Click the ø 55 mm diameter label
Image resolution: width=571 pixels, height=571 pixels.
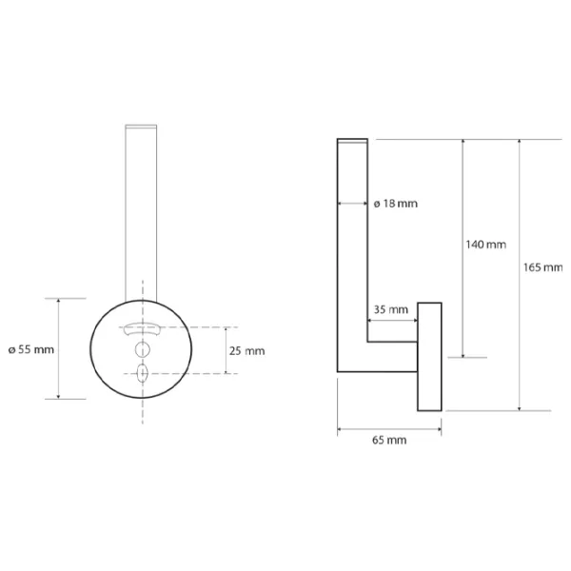pyautogui.click(x=31, y=349)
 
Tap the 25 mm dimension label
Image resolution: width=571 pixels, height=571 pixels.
pyautogui.click(x=246, y=351)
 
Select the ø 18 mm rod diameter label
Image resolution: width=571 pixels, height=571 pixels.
pyautogui.click(x=396, y=204)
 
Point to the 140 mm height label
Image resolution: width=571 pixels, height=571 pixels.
pyautogui.click(x=486, y=245)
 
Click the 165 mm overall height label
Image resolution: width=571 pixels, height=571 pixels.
pyautogui.click(x=543, y=267)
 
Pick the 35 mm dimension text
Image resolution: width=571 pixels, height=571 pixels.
pyautogui.click(x=391, y=310)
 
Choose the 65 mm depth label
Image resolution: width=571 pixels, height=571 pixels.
pyautogui.click(x=389, y=440)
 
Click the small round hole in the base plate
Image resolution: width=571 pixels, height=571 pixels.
pyautogui.click(x=143, y=349)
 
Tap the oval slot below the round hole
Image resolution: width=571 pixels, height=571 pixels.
pyautogui.click(x=142, y=373)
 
